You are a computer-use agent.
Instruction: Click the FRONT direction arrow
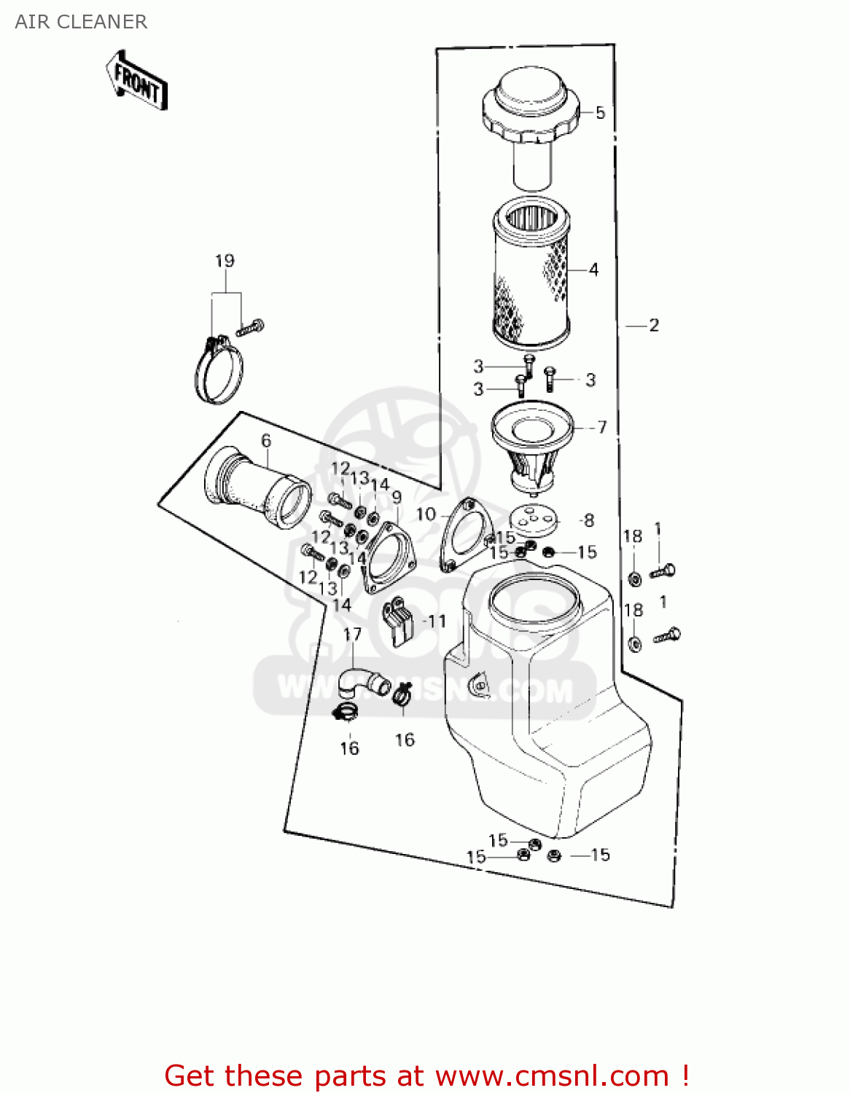coord(137,81)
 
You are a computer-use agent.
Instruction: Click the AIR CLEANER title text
coord(81,22)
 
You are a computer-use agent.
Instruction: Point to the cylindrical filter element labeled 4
coord(531,273)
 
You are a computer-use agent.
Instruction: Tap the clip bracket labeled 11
coord(399,621)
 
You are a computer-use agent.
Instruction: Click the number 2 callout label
coord(653,325)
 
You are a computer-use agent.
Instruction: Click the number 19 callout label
coord(225,261)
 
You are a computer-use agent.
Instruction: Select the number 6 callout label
coord(266,440)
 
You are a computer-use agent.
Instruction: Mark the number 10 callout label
coord(426,514)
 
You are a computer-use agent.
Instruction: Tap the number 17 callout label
coord(352,634)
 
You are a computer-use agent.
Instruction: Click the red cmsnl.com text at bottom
coord(426,1076)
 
